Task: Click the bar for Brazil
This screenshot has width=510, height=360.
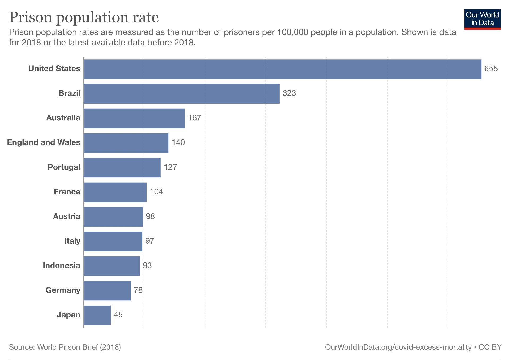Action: click(181, 94)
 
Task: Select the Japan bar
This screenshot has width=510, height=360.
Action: click(97, 315)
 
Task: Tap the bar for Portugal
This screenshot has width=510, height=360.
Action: click(122, 167)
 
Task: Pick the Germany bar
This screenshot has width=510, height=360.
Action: click(107, 290)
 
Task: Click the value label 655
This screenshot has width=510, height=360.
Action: click(491, 69)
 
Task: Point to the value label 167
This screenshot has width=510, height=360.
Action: click(194, 118)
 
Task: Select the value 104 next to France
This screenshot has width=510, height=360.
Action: click(156, 192)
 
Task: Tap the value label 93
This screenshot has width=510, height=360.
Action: click(147, 266)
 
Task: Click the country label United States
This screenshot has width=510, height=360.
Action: click(54, 69)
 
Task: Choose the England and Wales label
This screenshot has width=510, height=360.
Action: click(44, 143)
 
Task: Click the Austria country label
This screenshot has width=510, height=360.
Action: click(66, 217)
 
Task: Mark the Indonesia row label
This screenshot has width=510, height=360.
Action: click(61, 266)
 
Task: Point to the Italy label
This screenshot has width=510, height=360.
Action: click(72, 241)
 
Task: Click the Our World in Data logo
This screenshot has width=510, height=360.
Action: click(482, 19)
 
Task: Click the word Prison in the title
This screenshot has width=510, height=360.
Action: click(30, 18)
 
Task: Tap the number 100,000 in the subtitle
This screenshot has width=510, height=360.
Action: click(292, 32)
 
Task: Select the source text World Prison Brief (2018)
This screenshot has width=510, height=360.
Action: click(79, 347)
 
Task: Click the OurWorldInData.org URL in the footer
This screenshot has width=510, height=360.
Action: click(398, 347)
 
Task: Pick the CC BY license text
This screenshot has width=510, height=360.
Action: click(490, 347)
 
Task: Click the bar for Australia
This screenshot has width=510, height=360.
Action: click(134, 118)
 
